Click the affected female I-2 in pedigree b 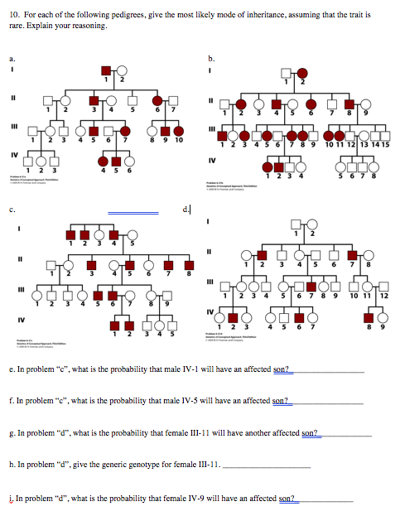[302, 72]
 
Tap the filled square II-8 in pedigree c [188, 263]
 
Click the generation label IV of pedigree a [12, 153]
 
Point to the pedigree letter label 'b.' [214, 58]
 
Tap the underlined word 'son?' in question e [282, 370]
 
